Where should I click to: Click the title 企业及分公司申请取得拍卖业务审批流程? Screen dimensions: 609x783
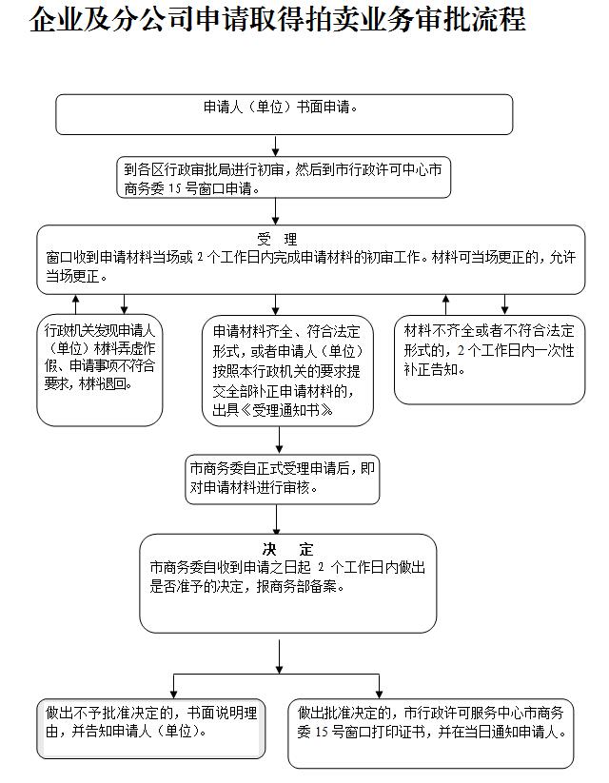click(x=277, y=20)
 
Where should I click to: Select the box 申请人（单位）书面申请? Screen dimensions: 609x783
click(x=285, y=114)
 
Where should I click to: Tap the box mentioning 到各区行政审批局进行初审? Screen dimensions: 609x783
click(x=284, y=177)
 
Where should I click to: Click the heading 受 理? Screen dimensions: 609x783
click(x=277, y=239)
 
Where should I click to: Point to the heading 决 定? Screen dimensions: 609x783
click(x=287, y=549)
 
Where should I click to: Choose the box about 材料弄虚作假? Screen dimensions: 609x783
click(x=100, y=370)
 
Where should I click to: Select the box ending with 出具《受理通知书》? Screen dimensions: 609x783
click(x=287, y=370)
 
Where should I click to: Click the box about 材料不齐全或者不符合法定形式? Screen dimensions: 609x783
click(x=490, y=360)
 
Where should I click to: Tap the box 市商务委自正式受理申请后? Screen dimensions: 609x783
click(x=283, y=479)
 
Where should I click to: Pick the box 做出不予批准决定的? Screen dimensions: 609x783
click(x=151, y=729)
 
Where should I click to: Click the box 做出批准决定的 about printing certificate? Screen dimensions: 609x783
click(x=431, y=734)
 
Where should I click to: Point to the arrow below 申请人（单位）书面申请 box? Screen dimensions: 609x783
click(x=275, y=146)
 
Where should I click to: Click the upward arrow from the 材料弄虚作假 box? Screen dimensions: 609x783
click(x=75, y=304)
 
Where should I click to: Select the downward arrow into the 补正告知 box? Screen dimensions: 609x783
click(x=504, y=304)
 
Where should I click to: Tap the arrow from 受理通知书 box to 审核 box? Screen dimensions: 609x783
click(x=279, y=440)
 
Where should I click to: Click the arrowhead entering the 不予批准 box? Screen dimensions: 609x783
click(x=173, y=695)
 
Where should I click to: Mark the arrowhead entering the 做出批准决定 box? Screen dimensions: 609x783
click(x=379, y=695)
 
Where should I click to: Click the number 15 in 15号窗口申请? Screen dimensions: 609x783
click(x=174, y=188)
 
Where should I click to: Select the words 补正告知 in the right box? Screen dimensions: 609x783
click(x=434, y=369)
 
